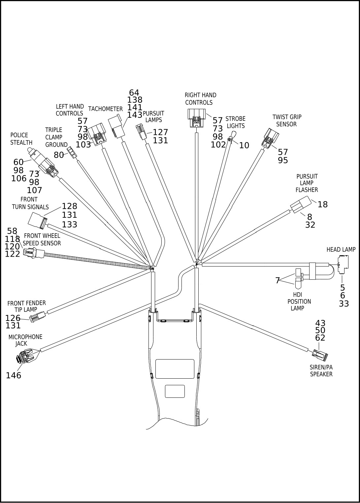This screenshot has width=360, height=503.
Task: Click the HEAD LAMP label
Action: click(341, 250)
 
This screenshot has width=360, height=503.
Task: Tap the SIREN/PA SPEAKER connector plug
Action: click(320, 356)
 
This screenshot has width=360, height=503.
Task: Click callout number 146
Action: click(14, 375)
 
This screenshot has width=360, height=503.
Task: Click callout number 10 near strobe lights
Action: click(244, 145)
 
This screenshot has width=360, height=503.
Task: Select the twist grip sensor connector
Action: click(270, 138)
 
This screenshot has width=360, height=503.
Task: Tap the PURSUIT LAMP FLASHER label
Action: click(307, 183)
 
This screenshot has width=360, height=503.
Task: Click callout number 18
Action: click(322, 204)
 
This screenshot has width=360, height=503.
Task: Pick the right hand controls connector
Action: click(197, 117)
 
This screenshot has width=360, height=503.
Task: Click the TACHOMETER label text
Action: click(105, 109)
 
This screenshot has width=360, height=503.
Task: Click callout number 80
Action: click(59, 155)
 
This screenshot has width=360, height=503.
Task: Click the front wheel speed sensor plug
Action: click(34, 253)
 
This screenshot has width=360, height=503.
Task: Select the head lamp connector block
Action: click(341, 264)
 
